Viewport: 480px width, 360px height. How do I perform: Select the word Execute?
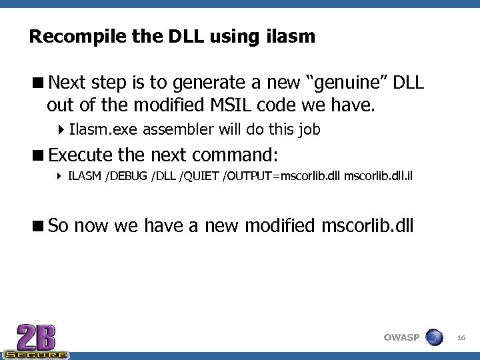(81, 155)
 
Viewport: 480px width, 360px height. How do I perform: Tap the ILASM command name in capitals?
(85, 177)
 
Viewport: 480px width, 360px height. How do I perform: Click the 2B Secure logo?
(36, 341)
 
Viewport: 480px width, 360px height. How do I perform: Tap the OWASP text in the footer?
(401, 337)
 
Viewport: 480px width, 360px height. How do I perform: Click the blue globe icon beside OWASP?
(434, 337)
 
